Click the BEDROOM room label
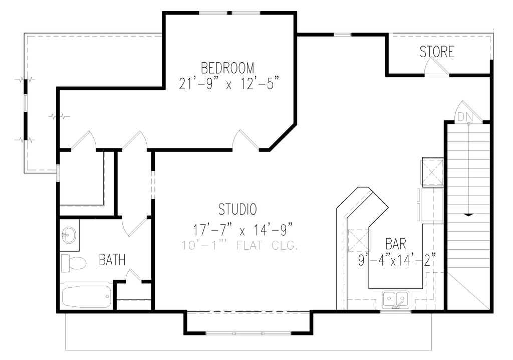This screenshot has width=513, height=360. (x=227, y=68)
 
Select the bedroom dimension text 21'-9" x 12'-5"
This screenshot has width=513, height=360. (x=228, y=83)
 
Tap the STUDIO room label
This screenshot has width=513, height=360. (x=237, y=209)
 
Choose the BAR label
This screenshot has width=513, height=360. (x=396, y=244)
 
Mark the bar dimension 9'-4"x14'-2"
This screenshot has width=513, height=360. (x=397, y=260)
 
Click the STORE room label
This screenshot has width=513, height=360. (x=437, y=52)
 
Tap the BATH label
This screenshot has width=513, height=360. (x=112, y=260)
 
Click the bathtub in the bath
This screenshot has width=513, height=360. (x=86, y=296)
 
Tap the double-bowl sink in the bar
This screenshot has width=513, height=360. (x=395, y=299)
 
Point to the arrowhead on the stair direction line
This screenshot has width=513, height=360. (x=468, y=214)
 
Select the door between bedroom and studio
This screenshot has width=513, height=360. (x=245, y=140)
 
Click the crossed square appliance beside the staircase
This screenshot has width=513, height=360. (x=432, y=171)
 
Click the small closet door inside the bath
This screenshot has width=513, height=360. (x=133, y=276)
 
